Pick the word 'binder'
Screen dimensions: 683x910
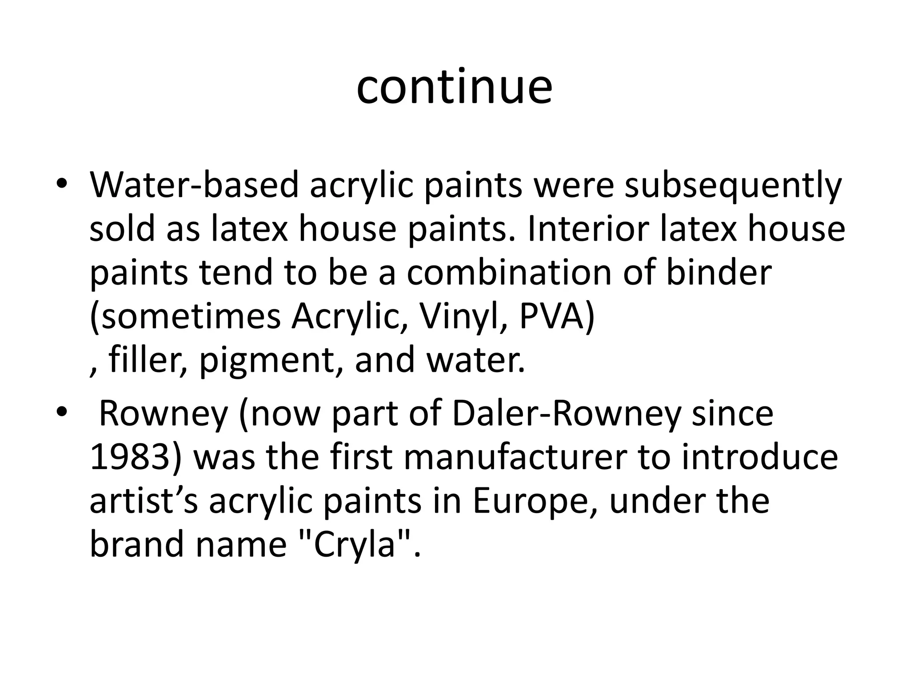tap(718, 273)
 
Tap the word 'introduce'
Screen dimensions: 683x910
tap(759, 458)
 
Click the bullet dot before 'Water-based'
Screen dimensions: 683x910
tap(61, 185)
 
